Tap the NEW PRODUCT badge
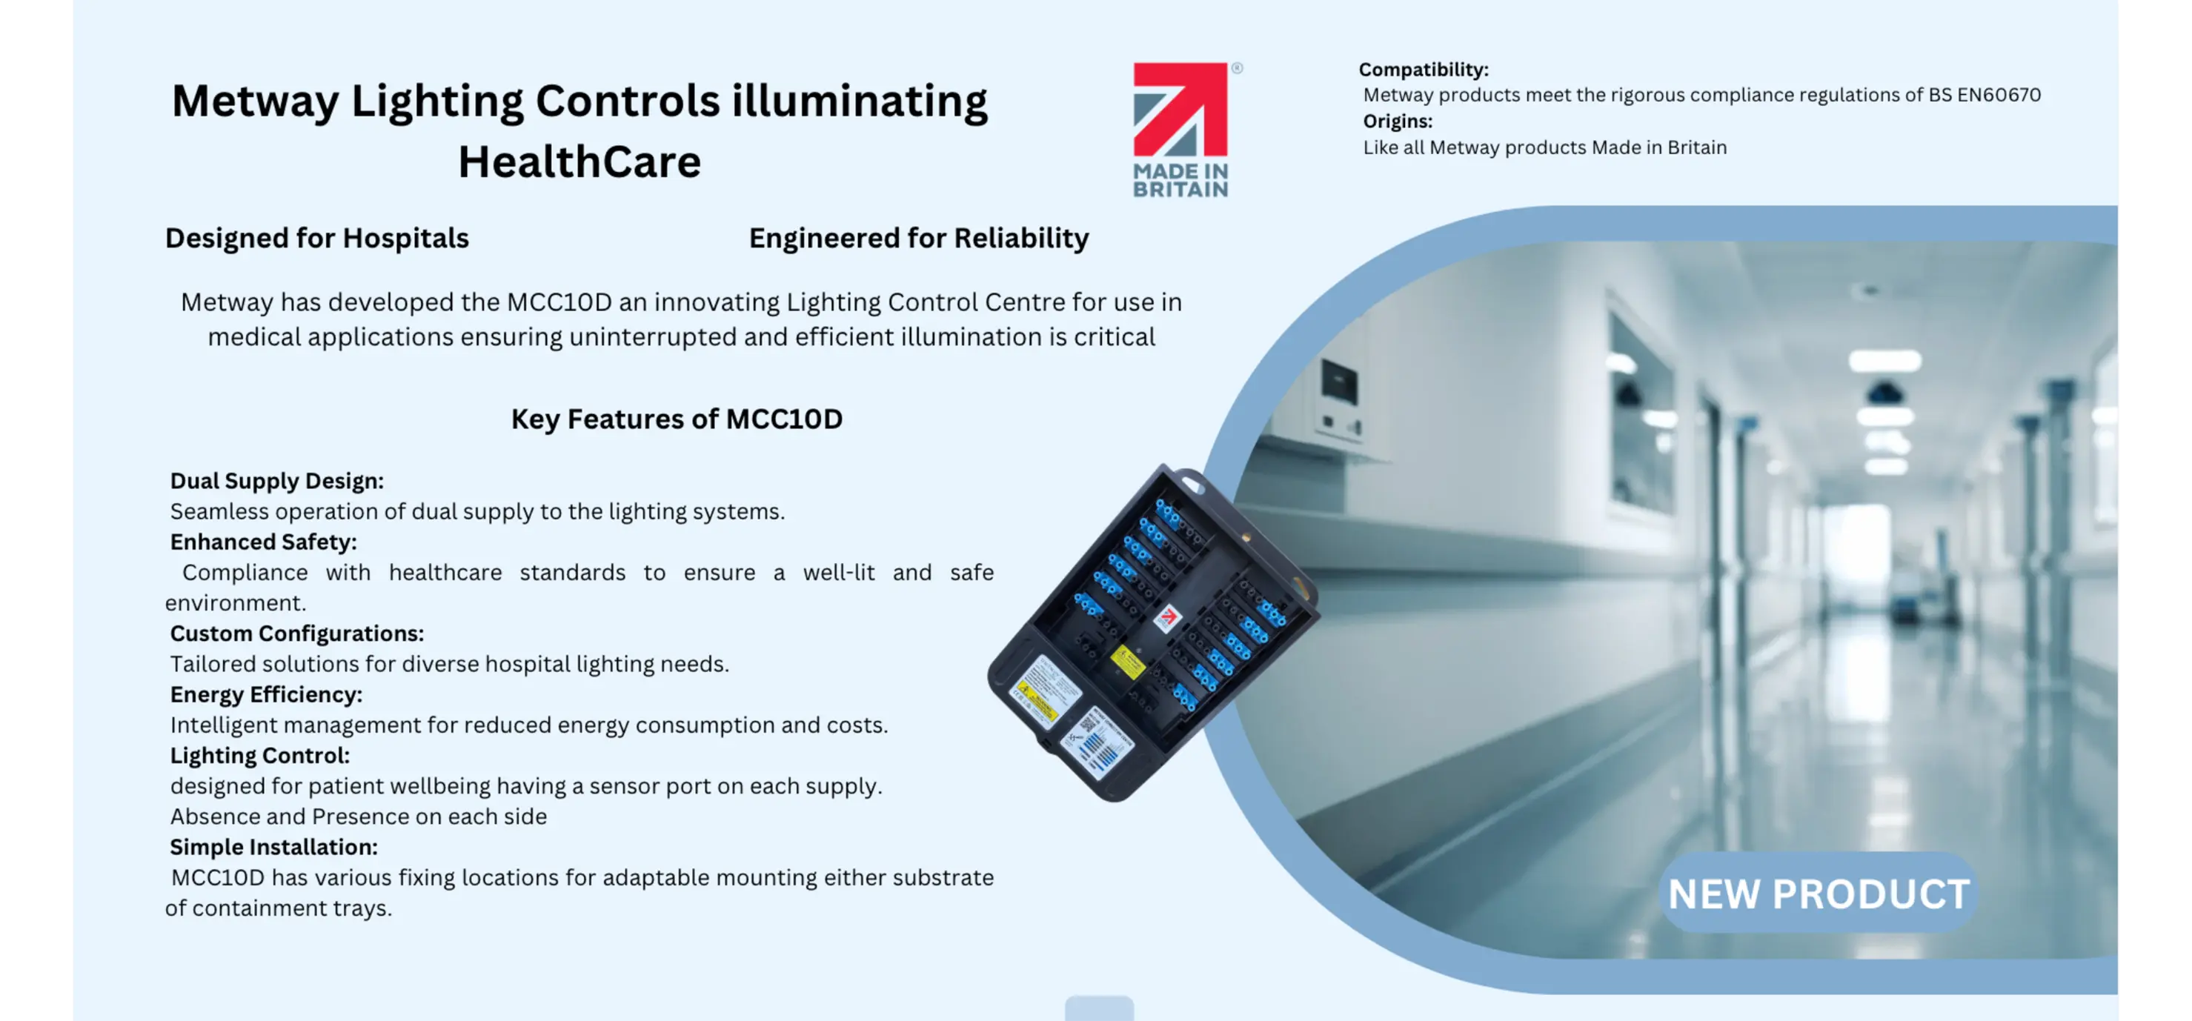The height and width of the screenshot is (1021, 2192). (1819, 894)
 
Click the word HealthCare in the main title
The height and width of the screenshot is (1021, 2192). (579, 162)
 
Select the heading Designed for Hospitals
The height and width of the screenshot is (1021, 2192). (316, 239)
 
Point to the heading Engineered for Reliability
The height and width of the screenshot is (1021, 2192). (919, 239)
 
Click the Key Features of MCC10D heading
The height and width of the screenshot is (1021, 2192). (677, 419)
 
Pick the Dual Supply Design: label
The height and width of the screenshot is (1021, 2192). (276, 481)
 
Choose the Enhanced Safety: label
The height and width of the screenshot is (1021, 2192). (263, 542)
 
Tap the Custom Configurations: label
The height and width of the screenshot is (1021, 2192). (297, 634)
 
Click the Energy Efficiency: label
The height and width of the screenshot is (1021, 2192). (266, 695)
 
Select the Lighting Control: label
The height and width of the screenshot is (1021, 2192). (259, 756)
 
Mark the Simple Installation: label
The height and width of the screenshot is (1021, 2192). (274, 848)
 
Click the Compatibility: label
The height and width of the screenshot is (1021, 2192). (1424, 70)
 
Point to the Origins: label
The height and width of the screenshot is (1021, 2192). (1397, 122)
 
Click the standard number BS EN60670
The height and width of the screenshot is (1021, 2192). (1985, 94)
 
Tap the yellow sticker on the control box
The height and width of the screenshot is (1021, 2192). (1129, 661)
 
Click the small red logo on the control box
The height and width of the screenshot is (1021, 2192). (1167, 617)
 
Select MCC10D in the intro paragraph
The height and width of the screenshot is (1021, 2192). (559, 302)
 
